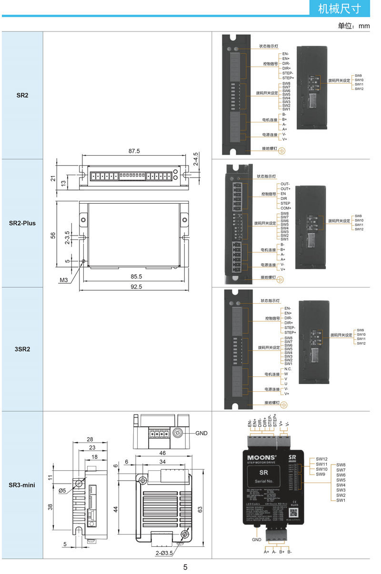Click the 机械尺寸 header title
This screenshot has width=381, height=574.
339,8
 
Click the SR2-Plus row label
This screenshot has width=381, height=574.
22,223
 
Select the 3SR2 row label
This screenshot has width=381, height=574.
22,349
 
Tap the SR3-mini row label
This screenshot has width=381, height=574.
22,485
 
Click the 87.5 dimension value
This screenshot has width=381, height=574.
134,151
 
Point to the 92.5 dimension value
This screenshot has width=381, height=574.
134,287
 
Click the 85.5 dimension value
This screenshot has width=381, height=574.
134,276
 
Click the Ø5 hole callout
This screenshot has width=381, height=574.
62,490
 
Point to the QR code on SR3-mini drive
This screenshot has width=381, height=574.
294,513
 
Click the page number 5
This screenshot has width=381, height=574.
185,567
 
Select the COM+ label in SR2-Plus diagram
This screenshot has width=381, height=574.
286,208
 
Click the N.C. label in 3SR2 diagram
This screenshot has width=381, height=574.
288,369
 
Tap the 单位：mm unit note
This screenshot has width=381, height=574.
353,26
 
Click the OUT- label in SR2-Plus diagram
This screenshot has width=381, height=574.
285,184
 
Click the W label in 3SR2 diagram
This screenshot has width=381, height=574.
286,374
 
